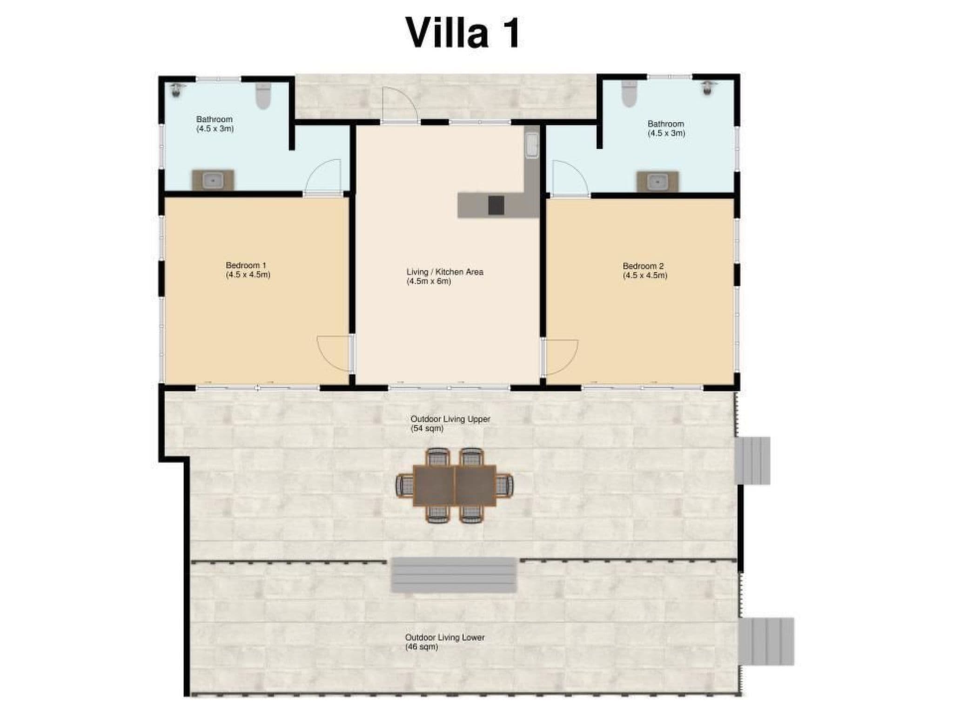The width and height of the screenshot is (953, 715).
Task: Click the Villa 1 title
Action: coord(463,33)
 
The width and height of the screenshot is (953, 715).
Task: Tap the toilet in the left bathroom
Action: coord(263,96)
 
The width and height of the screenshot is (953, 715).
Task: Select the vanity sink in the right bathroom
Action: coord(658,181)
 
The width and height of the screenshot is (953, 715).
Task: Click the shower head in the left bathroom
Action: coord(176,90)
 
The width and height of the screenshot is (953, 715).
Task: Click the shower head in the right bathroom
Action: coord(708,88)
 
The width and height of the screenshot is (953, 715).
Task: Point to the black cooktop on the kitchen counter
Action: coord(496,205)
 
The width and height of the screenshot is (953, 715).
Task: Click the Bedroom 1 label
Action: coord(248,270)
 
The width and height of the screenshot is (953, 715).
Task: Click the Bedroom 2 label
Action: coord(645,270)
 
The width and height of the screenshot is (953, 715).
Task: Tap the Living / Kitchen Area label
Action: coord(445,277)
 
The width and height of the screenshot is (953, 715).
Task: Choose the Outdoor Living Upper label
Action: coord(450,424)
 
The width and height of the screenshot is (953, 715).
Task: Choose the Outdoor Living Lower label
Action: coord(444,642)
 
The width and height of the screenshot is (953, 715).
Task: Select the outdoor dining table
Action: coord(454,485)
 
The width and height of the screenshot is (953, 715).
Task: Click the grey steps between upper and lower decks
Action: coord(454,575)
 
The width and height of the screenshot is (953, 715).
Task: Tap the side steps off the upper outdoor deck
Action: coord(752,460)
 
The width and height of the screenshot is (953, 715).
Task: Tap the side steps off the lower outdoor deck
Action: coord(766,641)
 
